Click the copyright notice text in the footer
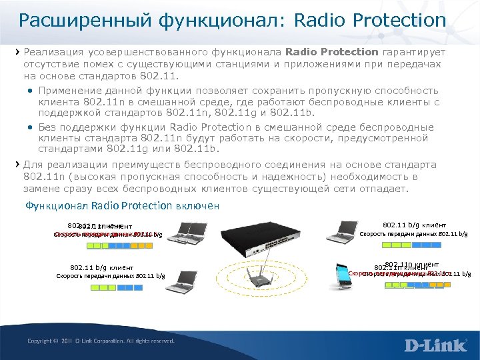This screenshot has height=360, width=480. pos(101,341)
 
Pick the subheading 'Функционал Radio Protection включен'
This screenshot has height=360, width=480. pos(122,206)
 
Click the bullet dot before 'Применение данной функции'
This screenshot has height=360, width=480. pos(32,91)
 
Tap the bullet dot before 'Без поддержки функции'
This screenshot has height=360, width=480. pos(32,127)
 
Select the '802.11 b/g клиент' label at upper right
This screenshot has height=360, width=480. pos(414,225)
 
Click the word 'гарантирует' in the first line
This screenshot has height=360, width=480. pos(414,51)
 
